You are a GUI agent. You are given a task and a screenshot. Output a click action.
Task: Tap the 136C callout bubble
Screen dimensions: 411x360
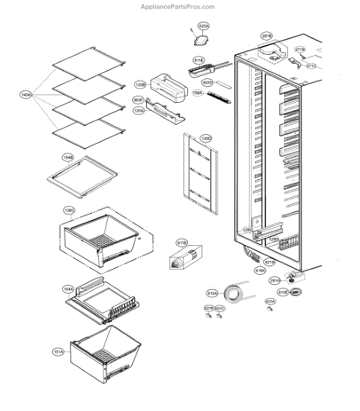(69, 210)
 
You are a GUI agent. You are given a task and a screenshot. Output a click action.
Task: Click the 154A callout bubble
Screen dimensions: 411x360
(69, 290)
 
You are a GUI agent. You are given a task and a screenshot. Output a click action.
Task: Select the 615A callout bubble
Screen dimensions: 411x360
(212, 293)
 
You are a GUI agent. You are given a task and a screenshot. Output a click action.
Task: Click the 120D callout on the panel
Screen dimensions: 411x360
(205, 138)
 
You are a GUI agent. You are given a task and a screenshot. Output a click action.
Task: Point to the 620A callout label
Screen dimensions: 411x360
(203, 26)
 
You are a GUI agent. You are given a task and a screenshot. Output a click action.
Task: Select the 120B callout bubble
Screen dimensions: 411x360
(140, 85)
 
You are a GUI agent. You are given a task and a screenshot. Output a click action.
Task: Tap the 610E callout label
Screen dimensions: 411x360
(283, 292)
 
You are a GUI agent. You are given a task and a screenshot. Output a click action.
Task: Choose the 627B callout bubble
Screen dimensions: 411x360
(208, 309)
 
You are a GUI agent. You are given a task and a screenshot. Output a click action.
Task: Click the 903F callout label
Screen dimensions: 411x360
(137, 100)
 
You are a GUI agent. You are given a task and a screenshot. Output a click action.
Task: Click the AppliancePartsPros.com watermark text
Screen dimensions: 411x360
(180, 7)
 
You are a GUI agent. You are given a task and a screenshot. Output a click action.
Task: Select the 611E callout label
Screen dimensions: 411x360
(199, 60)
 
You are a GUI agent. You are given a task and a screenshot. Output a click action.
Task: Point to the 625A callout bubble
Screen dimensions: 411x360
(270, 301)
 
